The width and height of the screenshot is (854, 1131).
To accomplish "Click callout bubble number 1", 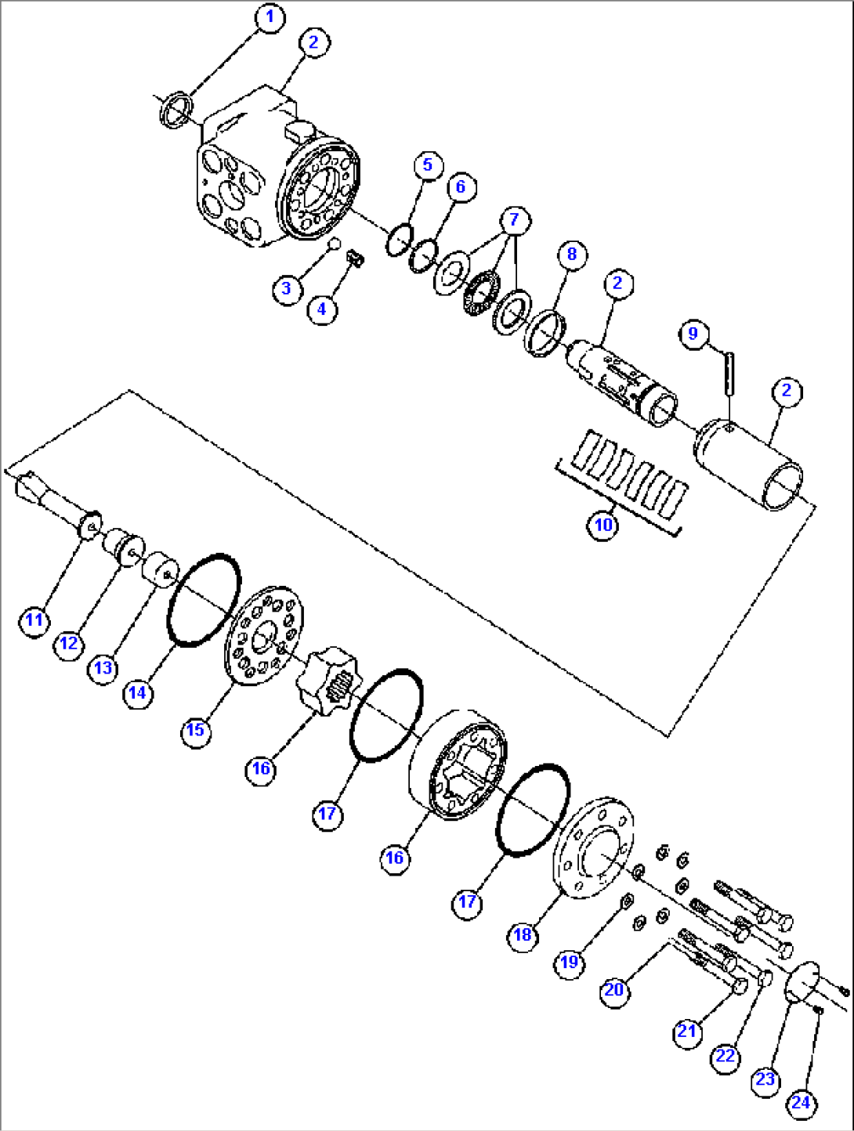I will coord(270,18).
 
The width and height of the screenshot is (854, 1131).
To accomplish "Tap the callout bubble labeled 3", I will coord(287,288).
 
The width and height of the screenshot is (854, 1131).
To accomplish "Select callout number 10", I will coord(603,524).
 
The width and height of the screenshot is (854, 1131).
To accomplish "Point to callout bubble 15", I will coord(195,730).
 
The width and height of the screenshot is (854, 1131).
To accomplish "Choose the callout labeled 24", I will coord(801,1103).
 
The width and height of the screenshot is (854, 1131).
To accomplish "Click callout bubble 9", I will coord(693,334).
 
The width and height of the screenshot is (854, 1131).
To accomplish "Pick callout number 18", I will coord(523,934).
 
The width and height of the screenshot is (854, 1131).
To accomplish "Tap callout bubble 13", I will coord(103,668).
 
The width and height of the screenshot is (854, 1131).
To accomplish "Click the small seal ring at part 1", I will coord(176,110).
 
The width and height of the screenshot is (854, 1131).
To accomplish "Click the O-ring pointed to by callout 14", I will coord(203,600).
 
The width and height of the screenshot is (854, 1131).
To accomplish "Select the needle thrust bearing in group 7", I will coord(481,289).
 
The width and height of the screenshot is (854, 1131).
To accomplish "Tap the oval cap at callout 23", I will coord(802,981).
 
